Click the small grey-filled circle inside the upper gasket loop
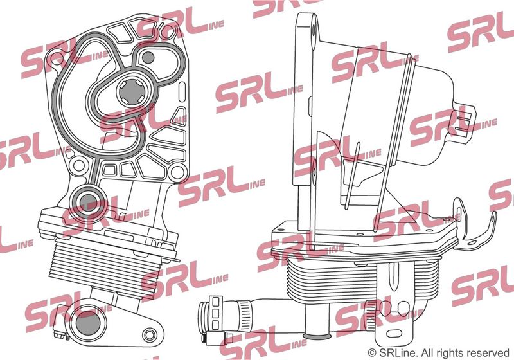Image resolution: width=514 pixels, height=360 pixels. (148, 58)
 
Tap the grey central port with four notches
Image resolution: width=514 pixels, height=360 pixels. (132, 93)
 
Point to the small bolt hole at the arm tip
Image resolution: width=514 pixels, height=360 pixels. (150, 335)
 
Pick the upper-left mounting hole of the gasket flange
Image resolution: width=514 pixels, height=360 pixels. (56, 56)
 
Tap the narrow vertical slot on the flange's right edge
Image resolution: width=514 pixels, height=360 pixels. (182, 93)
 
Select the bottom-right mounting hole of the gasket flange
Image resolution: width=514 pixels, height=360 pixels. (177, 172)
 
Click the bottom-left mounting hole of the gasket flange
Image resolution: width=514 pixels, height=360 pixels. (78, 166)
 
